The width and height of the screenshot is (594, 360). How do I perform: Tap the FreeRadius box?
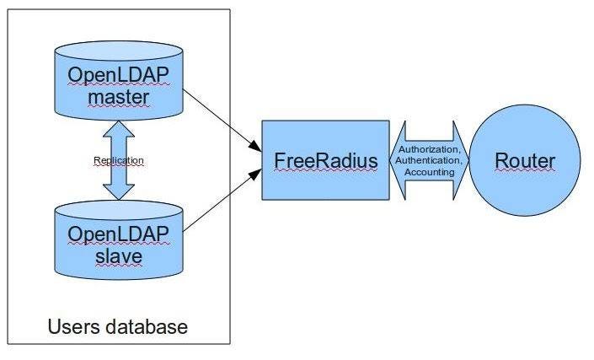[x=325, y=160]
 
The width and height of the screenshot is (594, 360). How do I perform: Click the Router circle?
[x=525, y=160]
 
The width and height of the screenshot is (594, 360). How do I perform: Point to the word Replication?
[x=118, y=159]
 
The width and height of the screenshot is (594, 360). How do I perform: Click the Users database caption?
[x=118, y=325]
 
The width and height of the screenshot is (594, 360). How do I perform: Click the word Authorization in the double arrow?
[x=429, y=149]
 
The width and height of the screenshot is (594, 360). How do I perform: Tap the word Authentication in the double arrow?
[x=429, y=160]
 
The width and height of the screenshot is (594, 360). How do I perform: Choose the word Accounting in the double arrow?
[x=429, y=171]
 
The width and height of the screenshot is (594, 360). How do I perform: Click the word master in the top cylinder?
[x=118, y=98]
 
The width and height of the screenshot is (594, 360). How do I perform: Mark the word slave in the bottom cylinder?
[x=118, y=254]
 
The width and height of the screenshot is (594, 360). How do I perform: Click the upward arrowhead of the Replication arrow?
[x=118, y=128]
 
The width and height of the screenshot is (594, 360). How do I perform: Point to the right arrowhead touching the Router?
[x=462, y=160]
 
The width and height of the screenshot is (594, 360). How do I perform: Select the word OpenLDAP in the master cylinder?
[x=118, y=76]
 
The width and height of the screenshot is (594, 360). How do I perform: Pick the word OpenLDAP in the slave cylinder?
[x=118, y=233]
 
